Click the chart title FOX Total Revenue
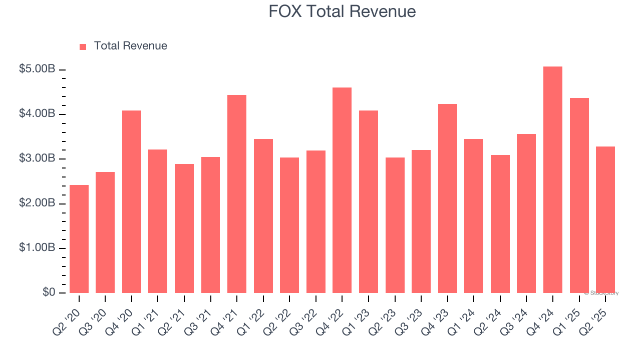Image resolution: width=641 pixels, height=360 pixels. point(342,11)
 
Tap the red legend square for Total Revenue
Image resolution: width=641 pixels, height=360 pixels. point(83,46)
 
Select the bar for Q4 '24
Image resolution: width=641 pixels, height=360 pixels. point(553,180)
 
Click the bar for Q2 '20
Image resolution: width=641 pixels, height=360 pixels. point(79,239)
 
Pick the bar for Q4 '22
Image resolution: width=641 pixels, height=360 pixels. point(342,190)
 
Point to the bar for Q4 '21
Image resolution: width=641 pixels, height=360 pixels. point(237,194)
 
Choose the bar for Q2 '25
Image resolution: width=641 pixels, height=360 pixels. point(605,219)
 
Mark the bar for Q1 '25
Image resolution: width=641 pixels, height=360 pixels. point(579,195)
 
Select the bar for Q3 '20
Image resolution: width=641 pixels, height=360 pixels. point(105,232)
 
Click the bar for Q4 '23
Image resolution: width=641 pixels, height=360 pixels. point(448,198)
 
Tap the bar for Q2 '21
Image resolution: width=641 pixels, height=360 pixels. point(184,228)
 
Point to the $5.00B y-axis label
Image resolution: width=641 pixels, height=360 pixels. point(37,69)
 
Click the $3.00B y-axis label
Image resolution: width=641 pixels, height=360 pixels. point(37,158)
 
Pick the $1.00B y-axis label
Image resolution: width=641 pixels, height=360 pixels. point(37,248)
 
